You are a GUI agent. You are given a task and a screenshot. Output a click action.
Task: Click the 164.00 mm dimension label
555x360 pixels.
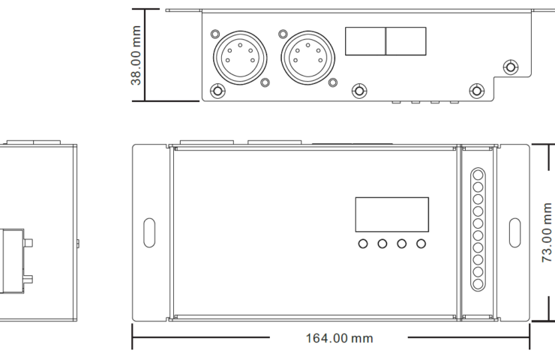pos(339,338)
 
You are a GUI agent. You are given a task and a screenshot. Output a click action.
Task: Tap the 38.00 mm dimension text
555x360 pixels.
pos(136,55)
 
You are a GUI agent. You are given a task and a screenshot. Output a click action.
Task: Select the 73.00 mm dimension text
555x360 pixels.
pos(547,232)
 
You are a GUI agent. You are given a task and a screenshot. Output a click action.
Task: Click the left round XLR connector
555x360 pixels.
pos(240,58)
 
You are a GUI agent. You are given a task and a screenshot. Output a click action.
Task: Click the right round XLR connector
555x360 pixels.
pos(308,58)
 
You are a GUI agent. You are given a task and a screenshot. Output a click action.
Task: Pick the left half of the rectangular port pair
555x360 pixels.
pos(365,41)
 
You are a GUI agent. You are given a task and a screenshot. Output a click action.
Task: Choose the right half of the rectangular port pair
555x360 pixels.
pos(406,41)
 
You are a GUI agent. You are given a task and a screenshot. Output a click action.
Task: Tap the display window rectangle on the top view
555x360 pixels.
pos(391,214)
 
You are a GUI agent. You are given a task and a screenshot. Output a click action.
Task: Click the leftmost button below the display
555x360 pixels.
pos(363,244)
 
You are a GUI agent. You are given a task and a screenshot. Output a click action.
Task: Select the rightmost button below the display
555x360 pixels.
pos(421,244)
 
